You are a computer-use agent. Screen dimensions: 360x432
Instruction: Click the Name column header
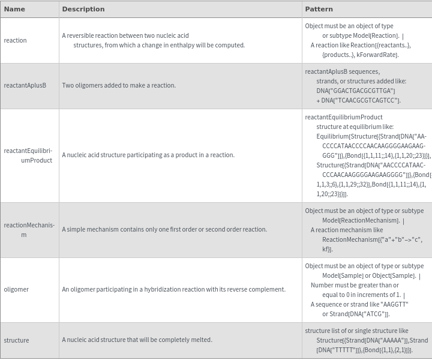[14, 9]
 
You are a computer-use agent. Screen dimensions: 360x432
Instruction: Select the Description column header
[83, 9]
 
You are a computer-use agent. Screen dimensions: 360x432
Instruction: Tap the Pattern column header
[319, 9]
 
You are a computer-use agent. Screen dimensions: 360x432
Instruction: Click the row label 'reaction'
[16, 40]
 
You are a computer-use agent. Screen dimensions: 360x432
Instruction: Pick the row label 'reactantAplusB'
[25, 85]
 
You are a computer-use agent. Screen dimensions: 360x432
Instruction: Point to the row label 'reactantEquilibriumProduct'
[28, 155]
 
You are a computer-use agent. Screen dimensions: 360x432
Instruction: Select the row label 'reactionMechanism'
[29, 230]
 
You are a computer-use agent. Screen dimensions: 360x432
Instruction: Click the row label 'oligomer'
[16, 289]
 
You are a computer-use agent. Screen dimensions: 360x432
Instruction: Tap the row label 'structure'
[16, 340]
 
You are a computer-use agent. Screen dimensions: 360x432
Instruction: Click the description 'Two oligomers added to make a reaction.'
[119, 85]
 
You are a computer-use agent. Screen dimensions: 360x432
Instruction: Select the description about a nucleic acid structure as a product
[148, 155]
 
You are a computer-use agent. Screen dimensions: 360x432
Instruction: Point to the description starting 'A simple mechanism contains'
[164, 229]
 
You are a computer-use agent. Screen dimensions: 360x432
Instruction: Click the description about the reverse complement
[173, 289]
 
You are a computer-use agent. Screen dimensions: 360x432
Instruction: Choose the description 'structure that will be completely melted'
[137, 340]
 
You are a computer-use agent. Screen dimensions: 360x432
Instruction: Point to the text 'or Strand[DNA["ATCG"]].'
[356, 314]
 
